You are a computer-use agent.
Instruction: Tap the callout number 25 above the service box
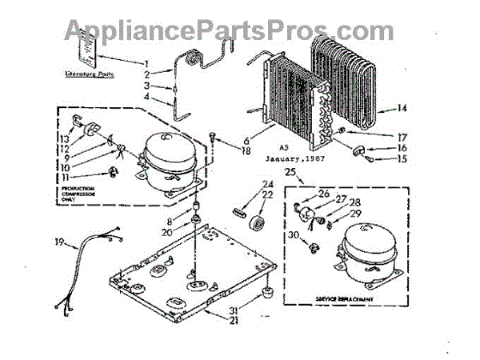[x=290, y=173]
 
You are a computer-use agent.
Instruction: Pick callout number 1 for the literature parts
[x=146, y=62]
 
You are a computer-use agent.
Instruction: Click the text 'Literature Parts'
[x=90, y=74]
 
